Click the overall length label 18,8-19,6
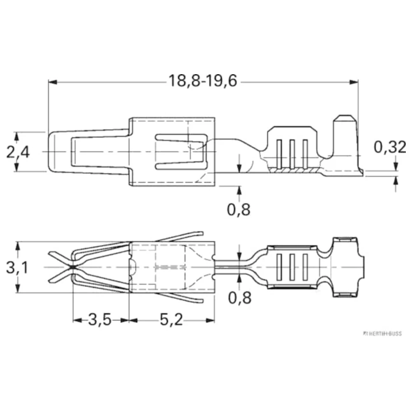pyautogui.click(x=203, y=81)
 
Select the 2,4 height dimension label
pyautogui.click(x=18, y=152)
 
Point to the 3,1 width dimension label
pyautogui.click(x=17, y=268)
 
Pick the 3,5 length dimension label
pyautogui.click(x=100, y=320)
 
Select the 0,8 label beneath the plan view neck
pyautogui.click(x=239, y=297)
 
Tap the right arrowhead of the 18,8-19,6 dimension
pyautogui.click(x=354, y=82)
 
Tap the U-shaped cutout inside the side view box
pyautogui.click(x=181, y=152)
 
